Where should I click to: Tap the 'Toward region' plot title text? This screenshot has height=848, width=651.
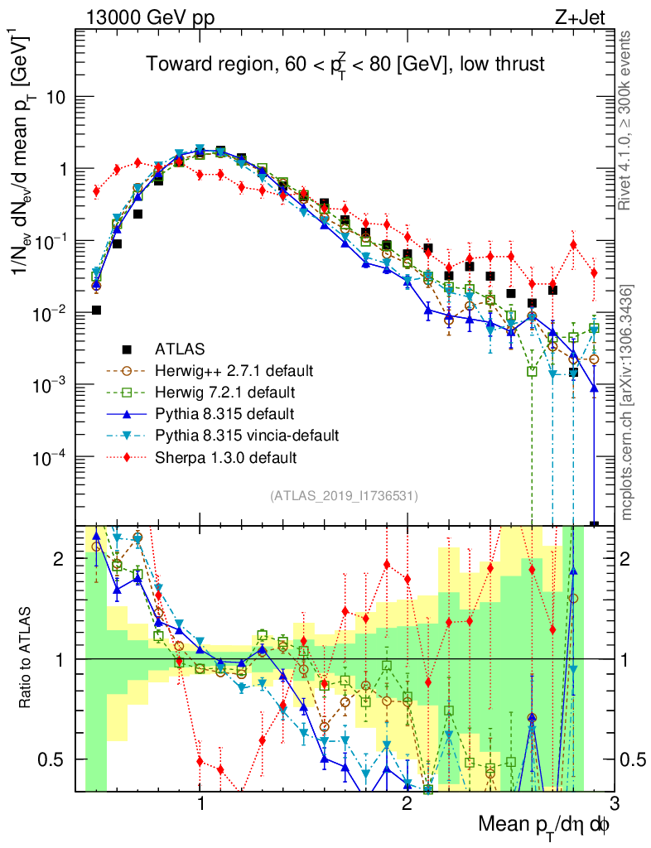click(345, 64)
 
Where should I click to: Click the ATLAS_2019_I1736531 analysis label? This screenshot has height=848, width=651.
click(344, 496)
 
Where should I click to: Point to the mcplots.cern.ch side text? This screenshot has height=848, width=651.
click(628, 402)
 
